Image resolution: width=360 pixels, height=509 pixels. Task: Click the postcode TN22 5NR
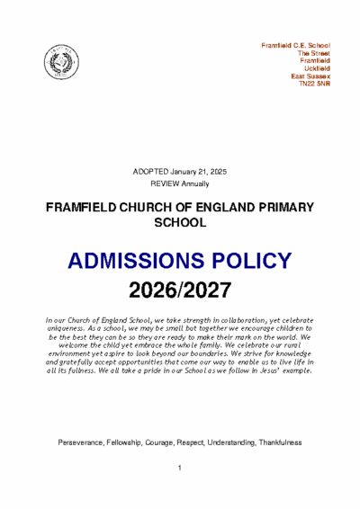(314, 85)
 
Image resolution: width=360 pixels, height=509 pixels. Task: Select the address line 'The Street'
(314, 52)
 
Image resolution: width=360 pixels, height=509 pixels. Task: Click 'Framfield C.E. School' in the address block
(295, 44)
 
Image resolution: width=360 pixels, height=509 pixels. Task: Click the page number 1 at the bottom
(180, 469)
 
